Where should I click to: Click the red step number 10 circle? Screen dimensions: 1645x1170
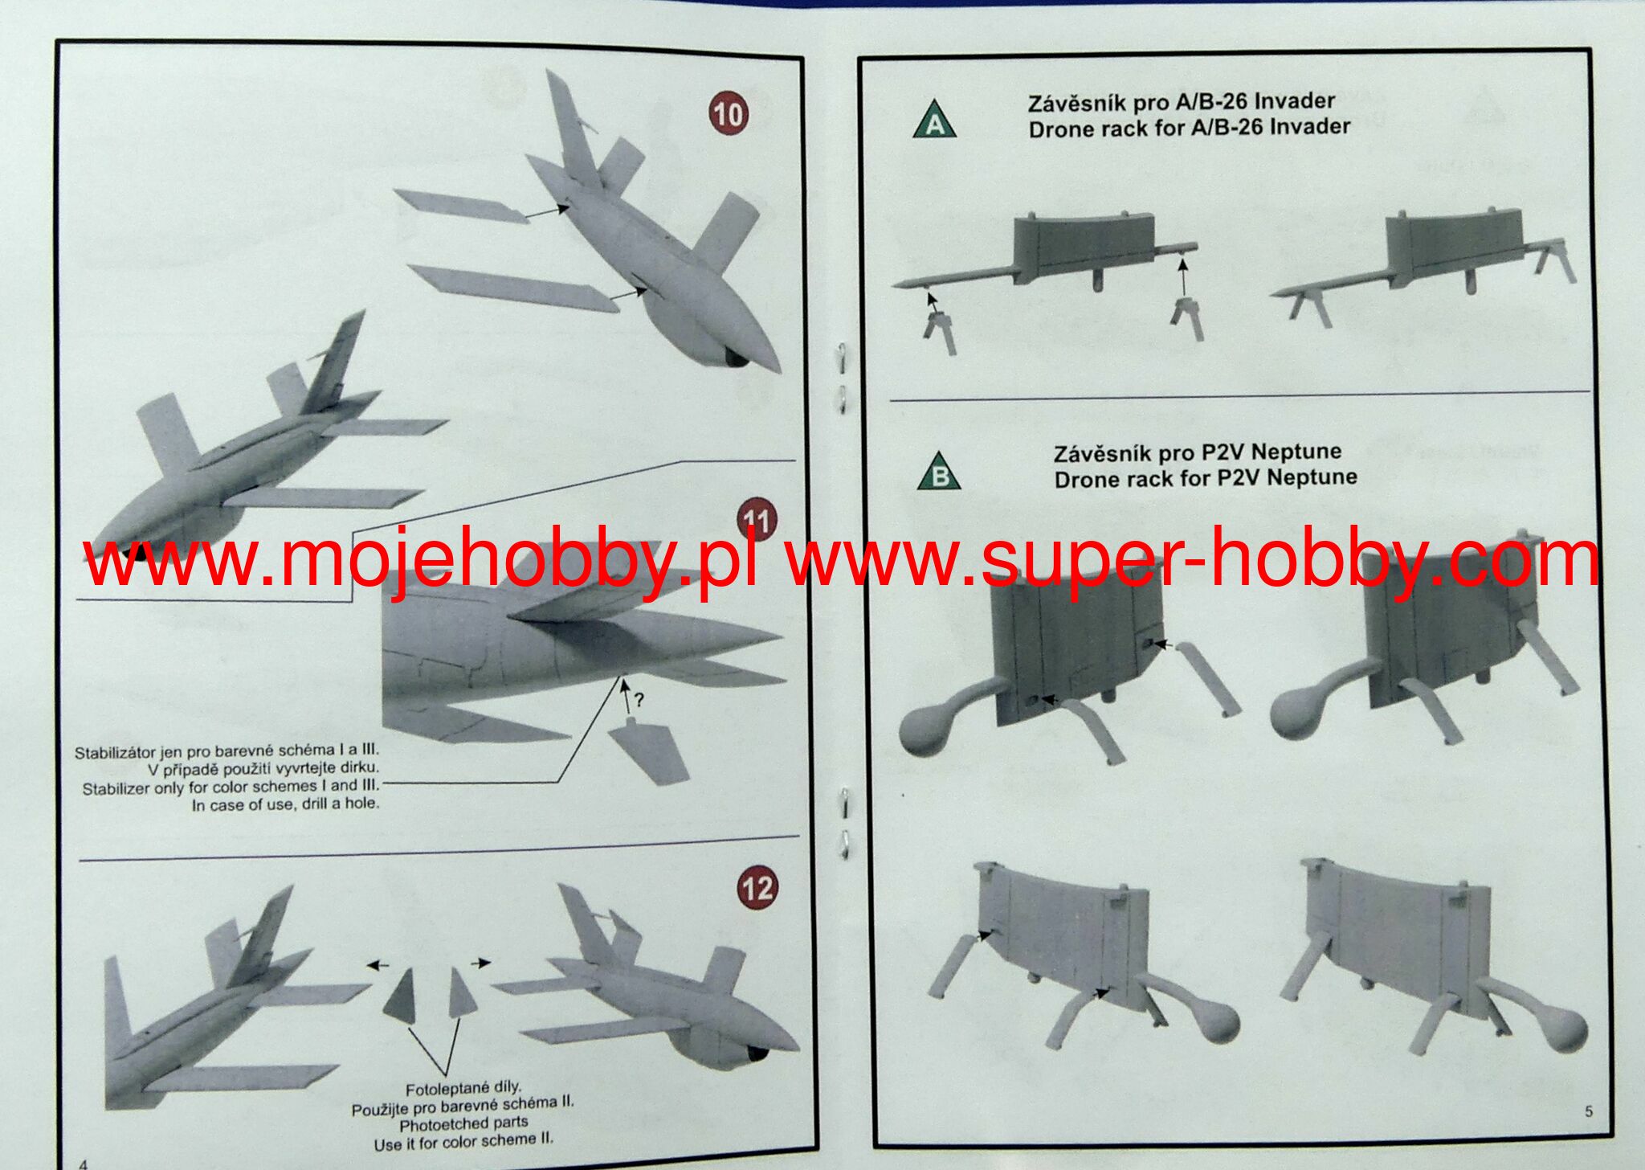click(x=728, y=113)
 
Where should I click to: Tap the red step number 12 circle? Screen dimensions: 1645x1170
click(x=757, y=887)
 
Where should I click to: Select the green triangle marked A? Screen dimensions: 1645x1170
click(x=935, y=121)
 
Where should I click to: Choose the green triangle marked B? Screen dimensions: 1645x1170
click(x=939, y=472)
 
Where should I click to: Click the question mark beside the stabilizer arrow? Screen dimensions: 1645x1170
click(x=639, y=700)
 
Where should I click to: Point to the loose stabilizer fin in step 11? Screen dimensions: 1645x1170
click(x=649, y=751)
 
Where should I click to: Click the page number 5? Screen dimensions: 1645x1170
click(x=1589, y=1111)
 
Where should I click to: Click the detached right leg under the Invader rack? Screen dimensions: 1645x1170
click(x=1187, y=318)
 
